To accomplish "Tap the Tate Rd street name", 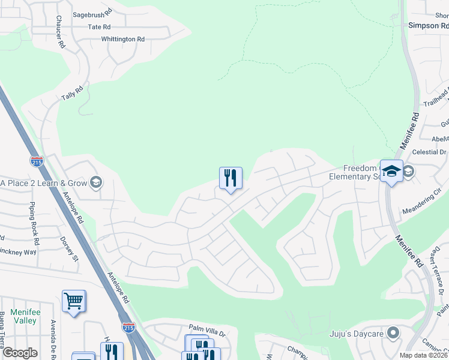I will pyautogui.click(x=99, y=27).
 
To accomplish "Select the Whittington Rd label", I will pyautogui.click(x=123, y=39).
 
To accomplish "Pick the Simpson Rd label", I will pyautogui.click(x=428, y=26).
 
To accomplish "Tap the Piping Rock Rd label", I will pyautogui.click(x=34, y=223).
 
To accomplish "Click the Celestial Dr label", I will pyautogui.click(x=430, y=152).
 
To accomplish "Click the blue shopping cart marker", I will pyautogui.click(x=73, y=301).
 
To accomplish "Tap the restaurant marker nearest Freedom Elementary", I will pyautogui.click(x=231, y=178).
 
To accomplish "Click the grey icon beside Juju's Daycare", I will pyautogui.click(x=393, y=332).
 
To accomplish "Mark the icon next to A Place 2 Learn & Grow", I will pyautogui.click(x=96, y=183).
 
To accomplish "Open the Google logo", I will pyautogui.click(x=20, y=353).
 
